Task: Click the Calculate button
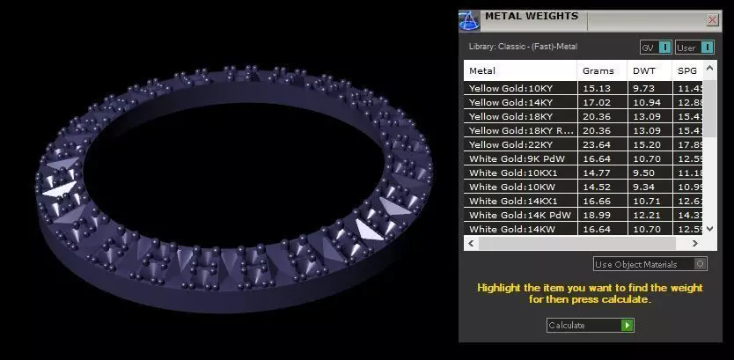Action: tap(589, 325)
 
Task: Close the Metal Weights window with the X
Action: tap(712, 19)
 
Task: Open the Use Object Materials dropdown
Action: tap(650, 264)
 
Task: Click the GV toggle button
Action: tap(655, 48)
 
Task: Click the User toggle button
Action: tap(694, 48)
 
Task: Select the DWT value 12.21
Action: tap(644, 215)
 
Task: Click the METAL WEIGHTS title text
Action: tap(532, 16)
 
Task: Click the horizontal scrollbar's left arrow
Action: tap(471, 243)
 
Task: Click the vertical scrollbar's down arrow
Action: tap(711, 229)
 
